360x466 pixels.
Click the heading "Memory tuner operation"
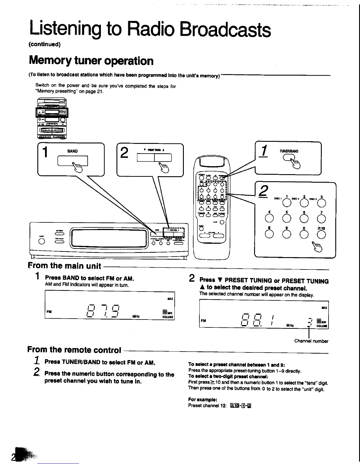click(91, 61)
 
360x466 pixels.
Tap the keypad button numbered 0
click(304, 234)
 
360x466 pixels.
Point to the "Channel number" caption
click(311, 341)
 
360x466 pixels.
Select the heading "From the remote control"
click(74, 350)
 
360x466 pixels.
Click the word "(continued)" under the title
click(44, 44)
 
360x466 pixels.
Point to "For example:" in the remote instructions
click(203, 400)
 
